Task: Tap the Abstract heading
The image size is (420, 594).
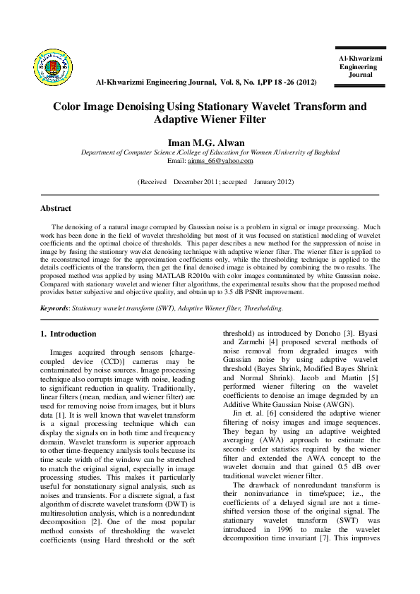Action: pyautogui.click(x=56, y=209)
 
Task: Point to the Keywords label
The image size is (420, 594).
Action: pyautogui.click(x=54, y=308)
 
